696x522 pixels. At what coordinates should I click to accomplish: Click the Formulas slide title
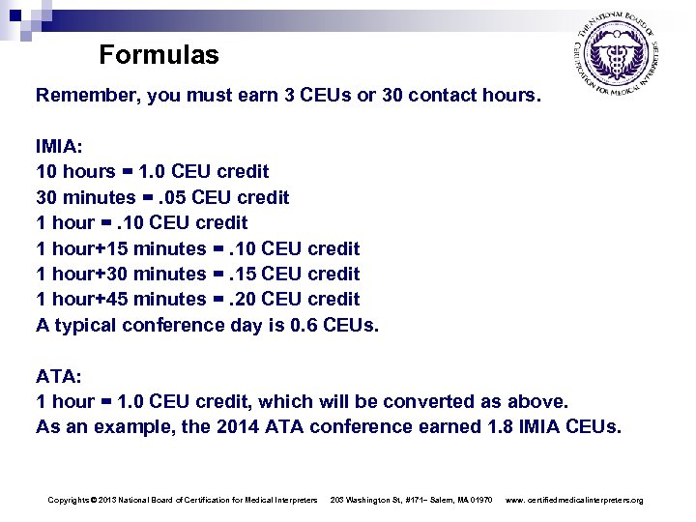159,55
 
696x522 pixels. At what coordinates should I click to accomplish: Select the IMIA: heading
59,147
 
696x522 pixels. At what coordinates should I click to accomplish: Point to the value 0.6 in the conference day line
304,324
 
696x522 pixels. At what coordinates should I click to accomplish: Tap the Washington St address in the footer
413,500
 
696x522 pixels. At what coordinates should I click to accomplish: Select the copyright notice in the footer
182,500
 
